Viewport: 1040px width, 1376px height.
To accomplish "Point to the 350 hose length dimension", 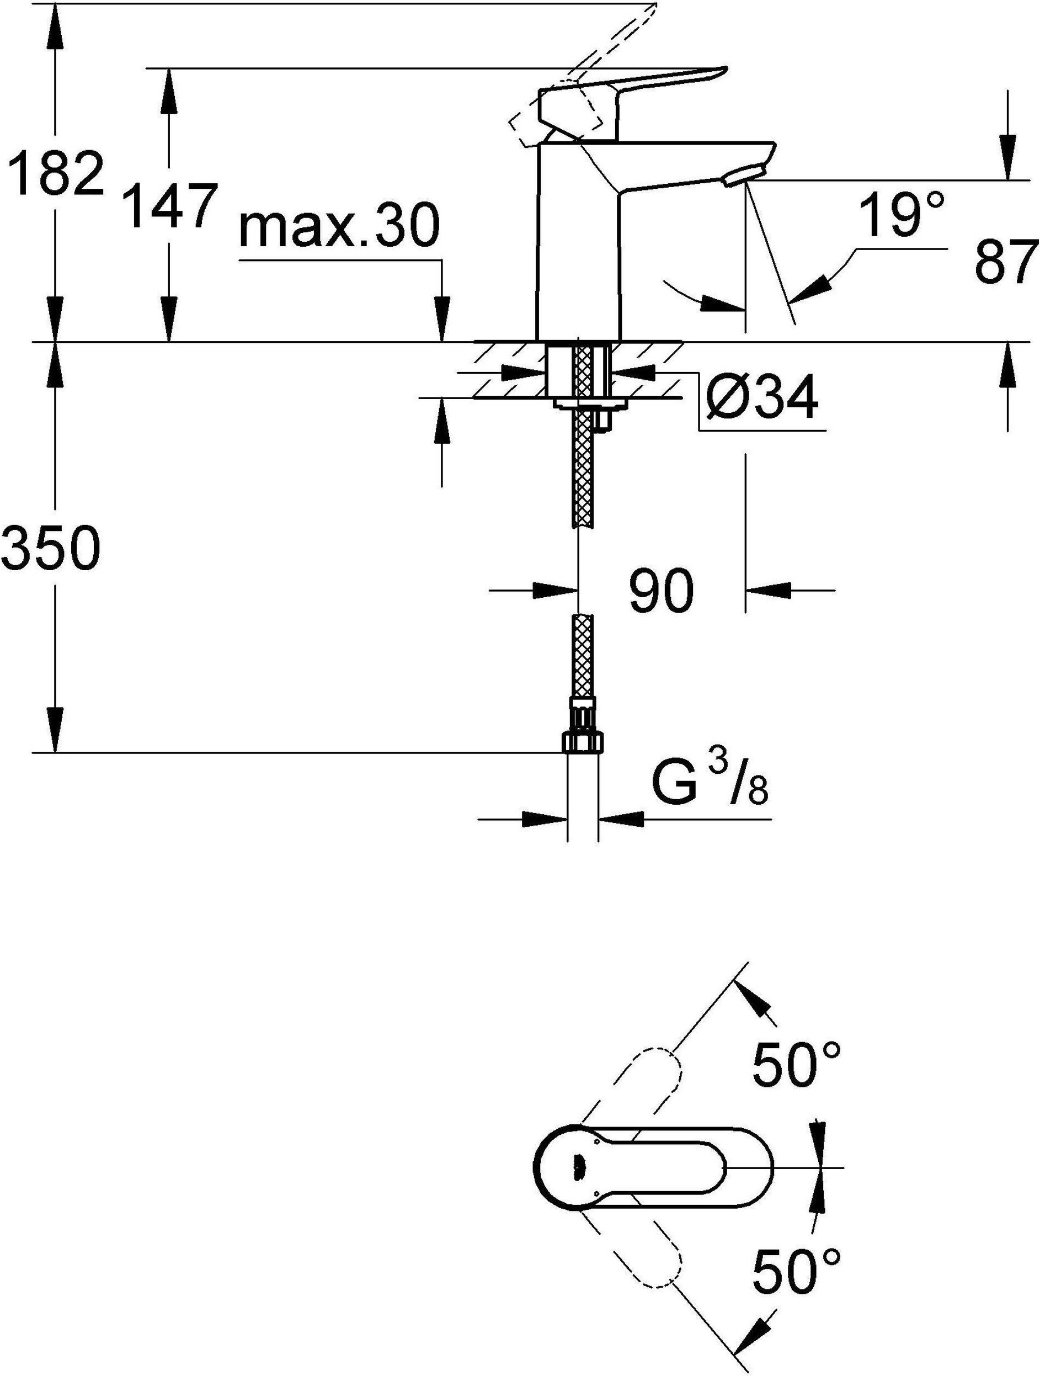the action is (x=50, y=547).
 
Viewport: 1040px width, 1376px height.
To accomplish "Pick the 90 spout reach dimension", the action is (x=661, y=589).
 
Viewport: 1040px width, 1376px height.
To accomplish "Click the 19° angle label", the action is (x=902, y=215).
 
